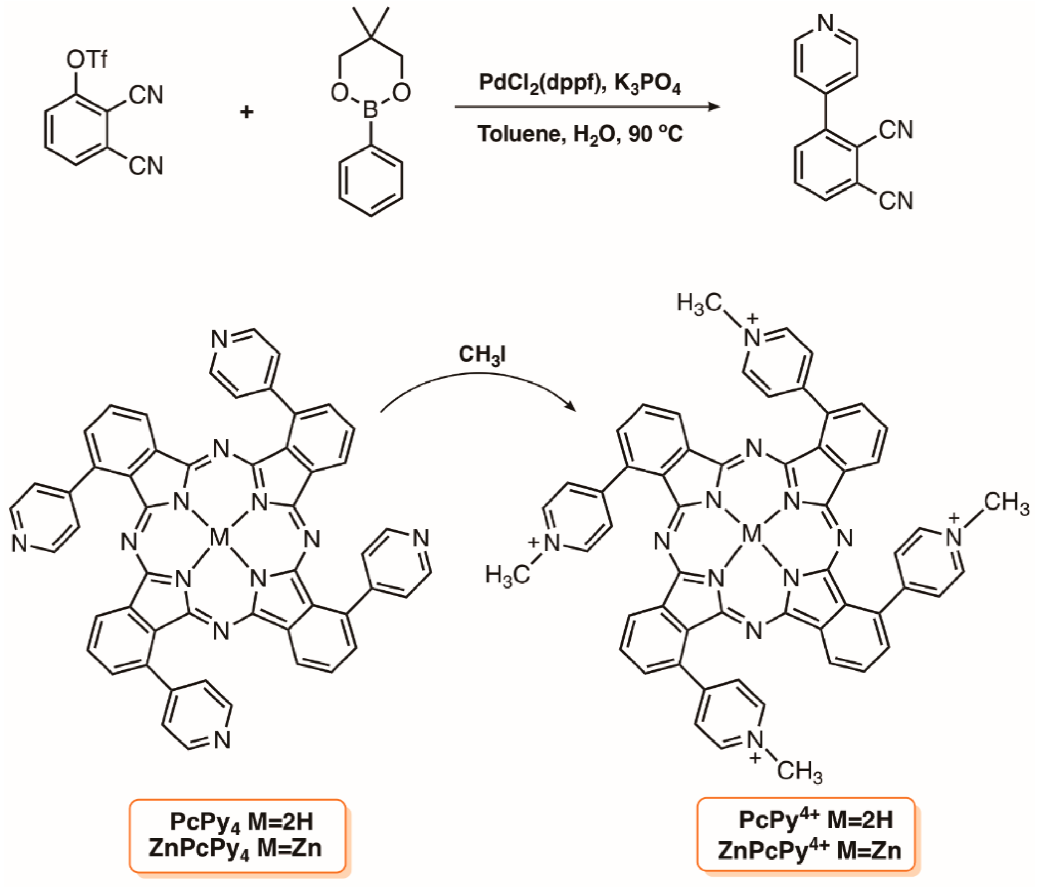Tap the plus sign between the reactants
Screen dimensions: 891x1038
[x=246, y=112]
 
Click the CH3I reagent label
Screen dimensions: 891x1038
[x=482, y=355]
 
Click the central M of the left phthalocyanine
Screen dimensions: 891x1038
[x=219, y=537]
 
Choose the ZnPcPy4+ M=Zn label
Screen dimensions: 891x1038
[x=809, y=851]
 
